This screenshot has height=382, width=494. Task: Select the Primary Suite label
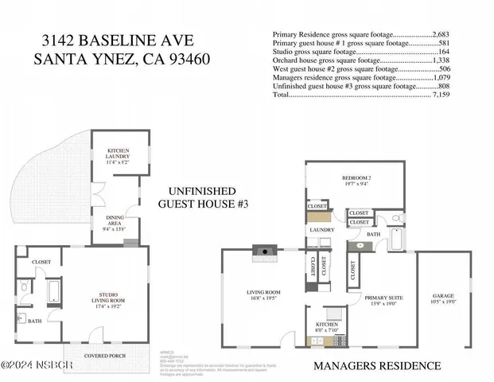pos(384,300)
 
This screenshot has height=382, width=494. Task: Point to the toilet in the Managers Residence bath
pos(398,220)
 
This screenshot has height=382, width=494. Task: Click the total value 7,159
pos(441,94)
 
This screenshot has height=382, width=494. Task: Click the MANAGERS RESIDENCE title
pos(377,365)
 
